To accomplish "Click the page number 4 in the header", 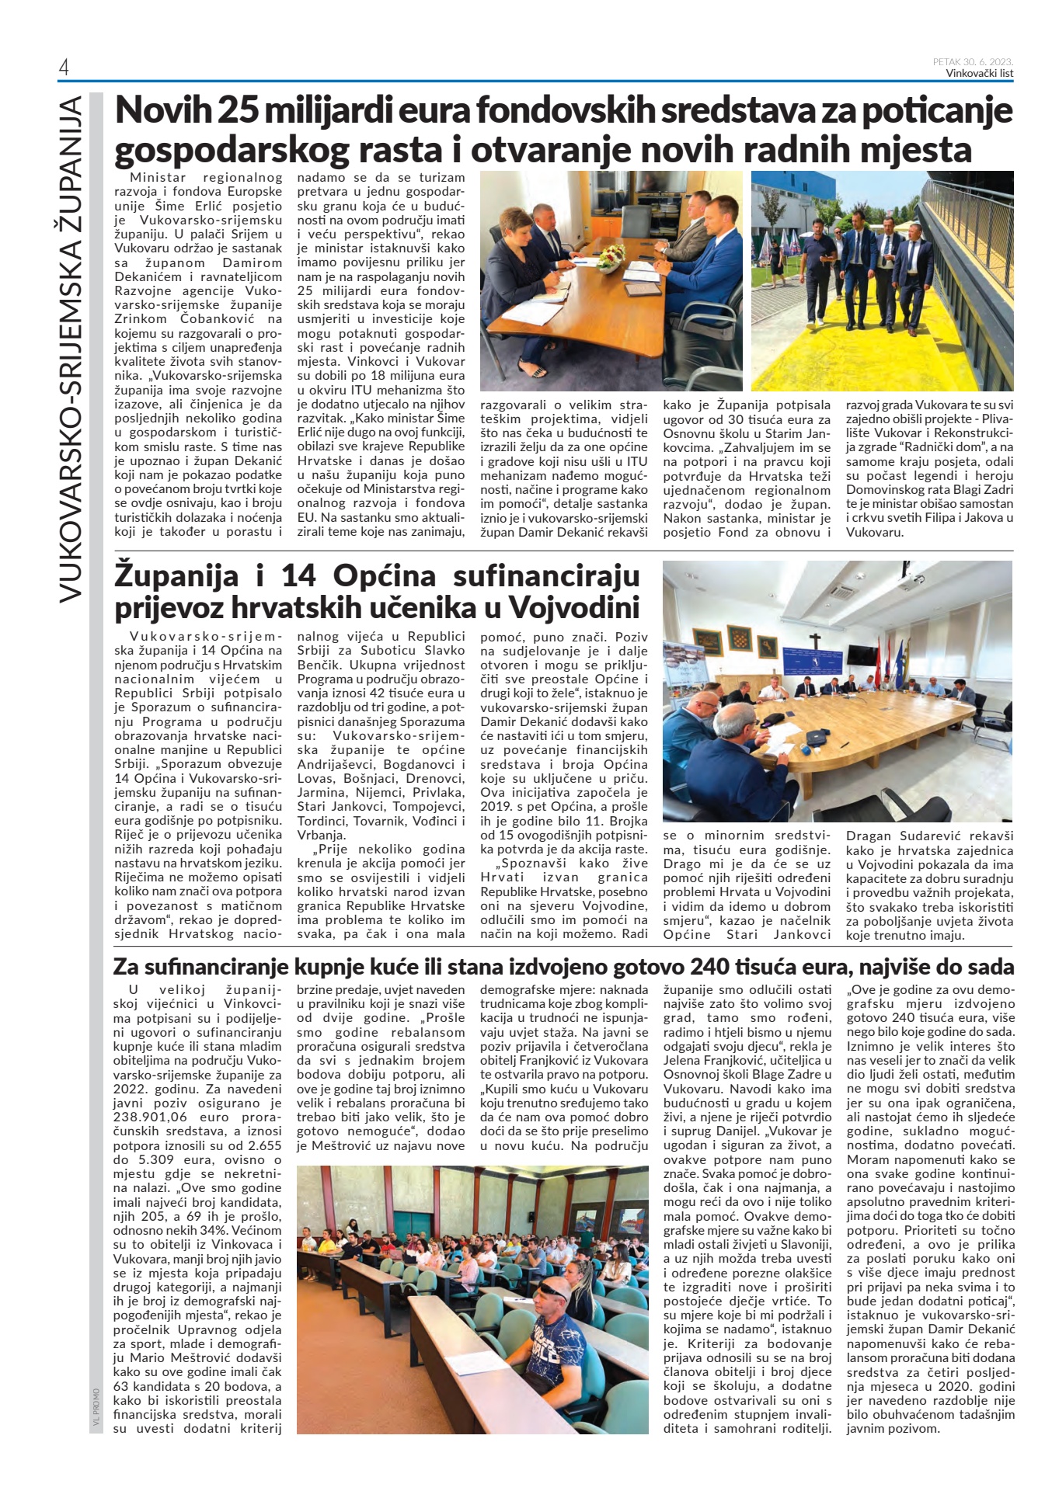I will coord(64,68).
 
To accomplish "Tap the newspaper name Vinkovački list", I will coord(979,74).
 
